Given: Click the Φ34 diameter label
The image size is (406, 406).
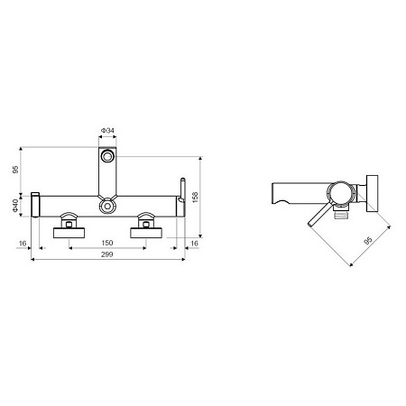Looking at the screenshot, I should pos(107,131).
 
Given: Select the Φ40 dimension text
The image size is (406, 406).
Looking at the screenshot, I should pos(16,207).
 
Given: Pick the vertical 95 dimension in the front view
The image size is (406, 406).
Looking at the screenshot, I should pos(16,170).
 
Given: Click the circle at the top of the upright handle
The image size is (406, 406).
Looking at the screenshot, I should pos(107,157).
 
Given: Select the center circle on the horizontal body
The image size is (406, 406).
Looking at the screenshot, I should pos(107,207).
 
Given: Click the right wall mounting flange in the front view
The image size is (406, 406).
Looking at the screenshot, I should pos(147,233).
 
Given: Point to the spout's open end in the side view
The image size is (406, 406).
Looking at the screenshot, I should pos(275,193).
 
